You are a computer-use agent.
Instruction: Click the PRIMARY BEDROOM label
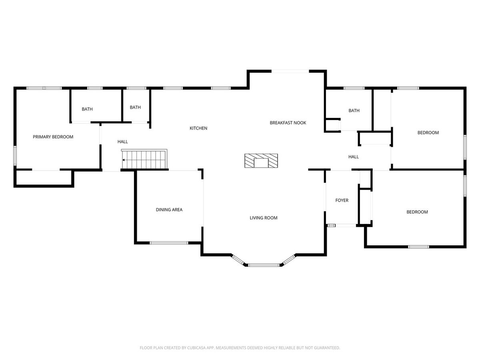tap(53, 137)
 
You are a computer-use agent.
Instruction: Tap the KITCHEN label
tap(198, 128)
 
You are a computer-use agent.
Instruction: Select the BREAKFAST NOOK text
tap(288, 123)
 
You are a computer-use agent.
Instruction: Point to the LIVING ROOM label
tap(264, 218)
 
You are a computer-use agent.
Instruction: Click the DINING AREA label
tap(169, 210)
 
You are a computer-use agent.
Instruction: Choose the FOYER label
tap(342, 200)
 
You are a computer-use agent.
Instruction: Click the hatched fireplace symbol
tap(261, 161)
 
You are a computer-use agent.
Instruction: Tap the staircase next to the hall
tap(144, 159)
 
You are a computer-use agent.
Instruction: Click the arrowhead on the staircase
tap(124, 160)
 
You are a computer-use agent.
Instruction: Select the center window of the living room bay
tap(264, 265)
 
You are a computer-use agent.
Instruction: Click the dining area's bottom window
tap(169, 243)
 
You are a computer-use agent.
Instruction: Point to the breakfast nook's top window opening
tap(290, 71)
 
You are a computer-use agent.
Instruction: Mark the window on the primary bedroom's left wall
tap(15, 156)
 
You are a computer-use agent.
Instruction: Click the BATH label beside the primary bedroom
tap(87, 109)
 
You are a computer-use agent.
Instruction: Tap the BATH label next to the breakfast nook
tap(354, 111)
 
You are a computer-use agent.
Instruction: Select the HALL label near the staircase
tap(122, 142)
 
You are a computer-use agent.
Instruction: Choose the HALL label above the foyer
tap(353, 157)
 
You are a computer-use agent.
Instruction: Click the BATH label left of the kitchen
tap(135, 107)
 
